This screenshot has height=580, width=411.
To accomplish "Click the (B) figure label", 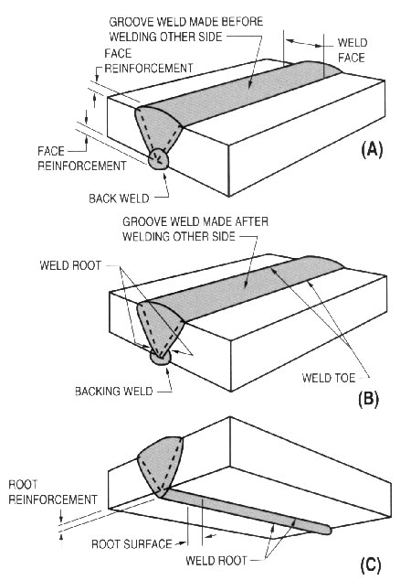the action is [369, 399].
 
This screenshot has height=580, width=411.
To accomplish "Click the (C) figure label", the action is [370, 564].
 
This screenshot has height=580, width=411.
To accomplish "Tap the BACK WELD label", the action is [119, 199].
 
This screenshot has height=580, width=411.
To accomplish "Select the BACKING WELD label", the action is [114, 391].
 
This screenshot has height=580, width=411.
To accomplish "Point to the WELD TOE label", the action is [328, 378].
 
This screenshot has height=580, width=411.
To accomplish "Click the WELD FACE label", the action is [352, 50].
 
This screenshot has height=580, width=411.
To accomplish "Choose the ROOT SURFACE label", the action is [132, 543].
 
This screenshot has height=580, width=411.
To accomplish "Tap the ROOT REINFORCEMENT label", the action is [53, 492].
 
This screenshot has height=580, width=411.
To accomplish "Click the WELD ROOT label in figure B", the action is [70, 265].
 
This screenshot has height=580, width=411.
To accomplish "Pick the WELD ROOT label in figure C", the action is [216, 560].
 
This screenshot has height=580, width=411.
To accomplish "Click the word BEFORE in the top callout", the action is [242, 21].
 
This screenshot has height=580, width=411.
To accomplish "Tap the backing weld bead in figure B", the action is [160, 358].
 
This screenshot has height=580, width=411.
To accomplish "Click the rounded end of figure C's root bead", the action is [327, 530].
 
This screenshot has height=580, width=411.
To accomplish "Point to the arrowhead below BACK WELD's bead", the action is [164, 175].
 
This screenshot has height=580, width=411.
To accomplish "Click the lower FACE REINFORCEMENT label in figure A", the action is [82, 158].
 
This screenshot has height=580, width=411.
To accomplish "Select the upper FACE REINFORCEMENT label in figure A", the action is [149, 60].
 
